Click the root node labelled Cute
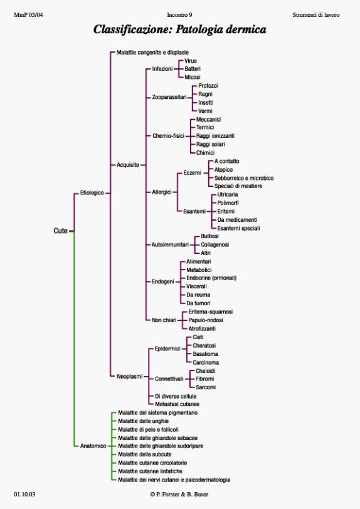click(x=60, y=231)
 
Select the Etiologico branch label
click(x=92, y=193)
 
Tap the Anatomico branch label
click(x=93, y=446)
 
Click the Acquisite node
click(x=128, y=165)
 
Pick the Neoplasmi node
click(x=130, y=377)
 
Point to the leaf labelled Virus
click(x=191, y=61)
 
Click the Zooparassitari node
click(x=169, y=97)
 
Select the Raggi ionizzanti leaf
click(x=215, y=136)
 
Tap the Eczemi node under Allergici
click(x=192, y=173)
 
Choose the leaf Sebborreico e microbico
click(x=244, y=178)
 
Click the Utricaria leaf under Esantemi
click(x=228, y=194)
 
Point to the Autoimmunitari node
click(x=170, y=244)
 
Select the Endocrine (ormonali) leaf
click(x=211, y=278)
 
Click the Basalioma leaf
click(x=205, y=354)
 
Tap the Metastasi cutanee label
click(x=177, y=404)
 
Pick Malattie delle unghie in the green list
click(x=143, y=421)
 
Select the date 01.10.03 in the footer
click(x=24, y=495)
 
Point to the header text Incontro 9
click(x=179, y=15)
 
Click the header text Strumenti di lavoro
click(x=316, y=15)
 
